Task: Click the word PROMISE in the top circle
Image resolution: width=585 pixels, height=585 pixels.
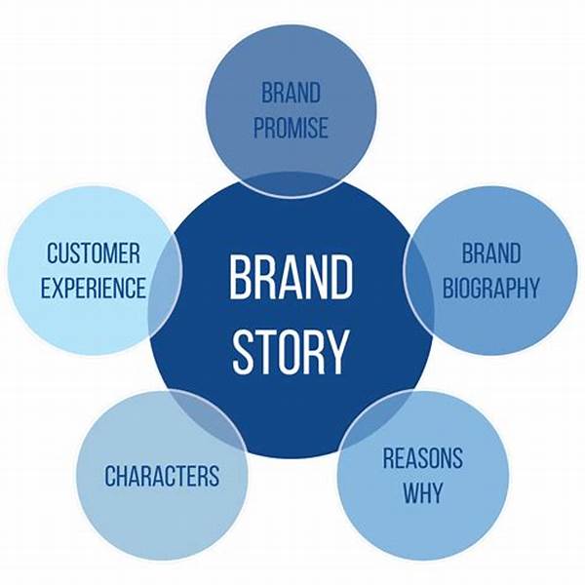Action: pyautogui.click(x=291, y=129)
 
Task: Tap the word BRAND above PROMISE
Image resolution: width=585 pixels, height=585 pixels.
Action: pyautogui.click(x=291, y=95)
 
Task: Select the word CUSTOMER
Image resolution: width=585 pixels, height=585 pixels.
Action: pyautogui.click(x=93, y=254)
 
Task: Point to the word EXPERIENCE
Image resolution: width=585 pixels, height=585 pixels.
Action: pyautogui.click(x=93, y=289)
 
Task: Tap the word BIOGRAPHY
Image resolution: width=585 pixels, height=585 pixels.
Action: pyautogui.click(x=490, y=289)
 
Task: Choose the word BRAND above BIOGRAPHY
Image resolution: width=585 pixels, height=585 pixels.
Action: pyautogui.click(x=490, y=254)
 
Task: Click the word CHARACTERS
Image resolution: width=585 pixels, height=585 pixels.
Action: pyautogui.click(x=162, y=477)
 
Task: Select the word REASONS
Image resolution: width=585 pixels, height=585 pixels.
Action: pyautogui.click(x=422, y=458)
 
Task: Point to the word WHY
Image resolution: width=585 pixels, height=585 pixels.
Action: pyautogui.click(x=422, y=492)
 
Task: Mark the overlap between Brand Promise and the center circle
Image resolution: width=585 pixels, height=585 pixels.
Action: pyautogui.click(x=291, y=185)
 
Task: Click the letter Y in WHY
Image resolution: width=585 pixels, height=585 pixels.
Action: pyautogui.click(x=438, y=492)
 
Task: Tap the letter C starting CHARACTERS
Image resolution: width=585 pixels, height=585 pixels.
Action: pyautogui.click(x=110, y=477)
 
